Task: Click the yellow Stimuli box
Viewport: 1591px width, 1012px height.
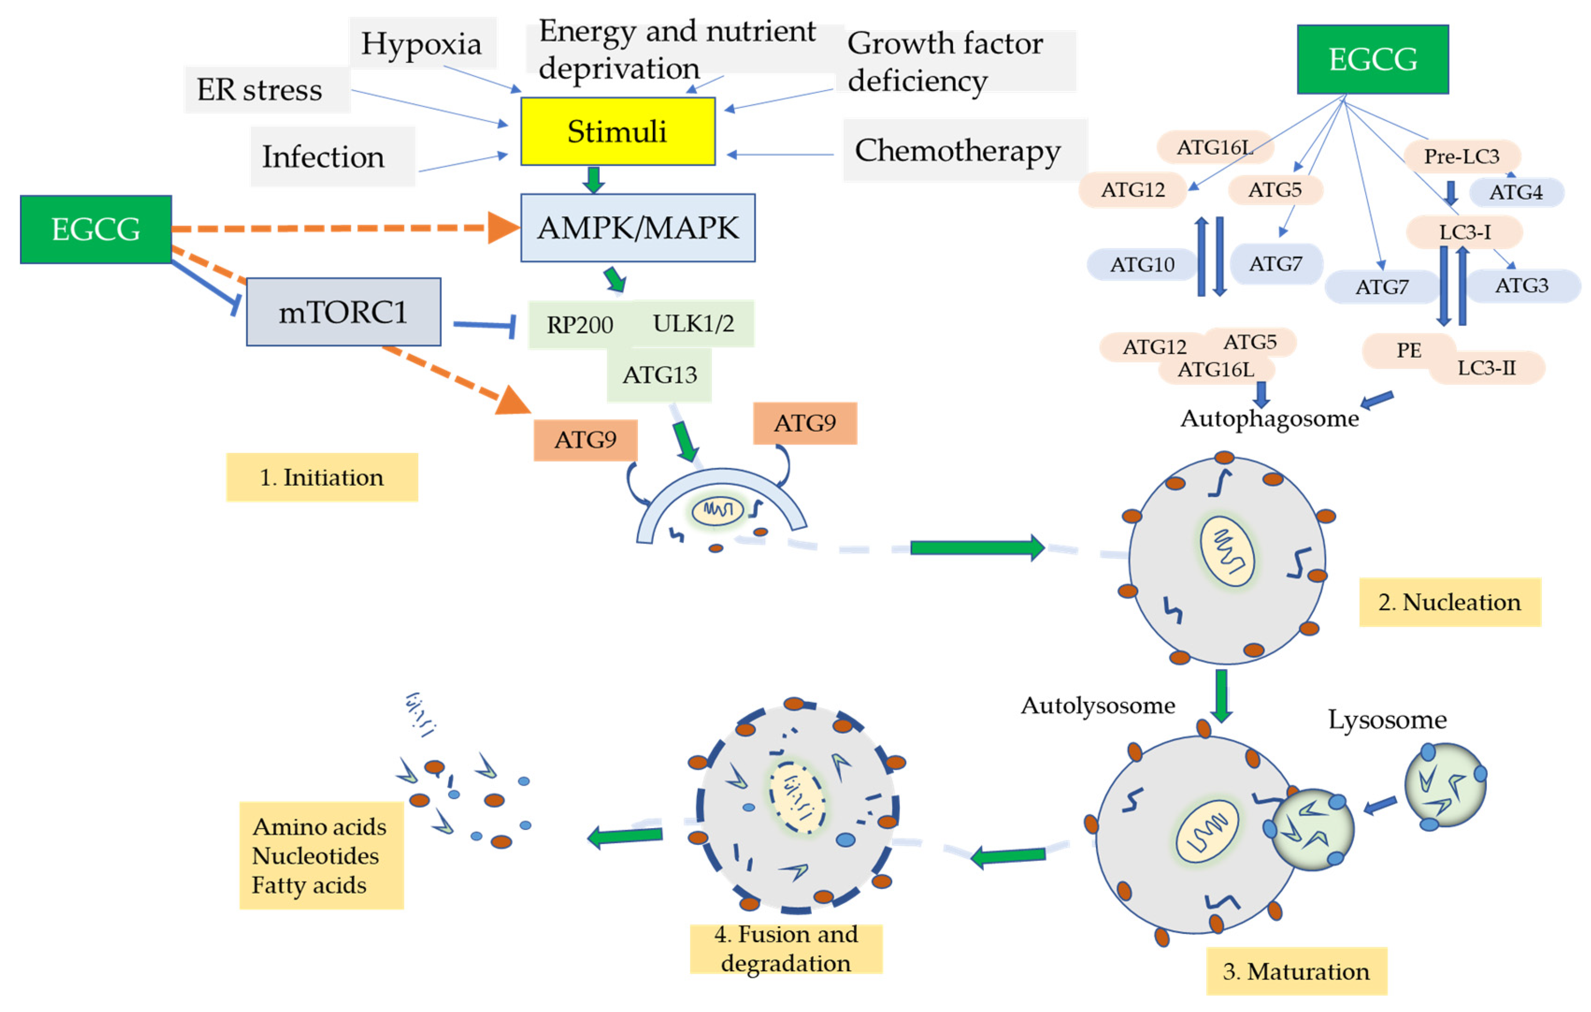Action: tap(617, 131)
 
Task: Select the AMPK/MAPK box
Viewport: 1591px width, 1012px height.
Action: tap(638, 227)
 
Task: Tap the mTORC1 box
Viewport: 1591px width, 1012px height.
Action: tap(343, 311)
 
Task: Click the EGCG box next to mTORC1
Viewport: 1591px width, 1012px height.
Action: tap(96, 229)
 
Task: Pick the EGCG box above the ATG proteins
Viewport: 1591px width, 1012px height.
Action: tap(1372, 59)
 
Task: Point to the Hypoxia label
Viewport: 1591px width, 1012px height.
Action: tap(422, 43)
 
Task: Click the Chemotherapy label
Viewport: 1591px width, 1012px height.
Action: tap(957, 151)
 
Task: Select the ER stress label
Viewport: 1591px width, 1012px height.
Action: tap(260, 89)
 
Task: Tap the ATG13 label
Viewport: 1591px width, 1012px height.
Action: tap(659, 375)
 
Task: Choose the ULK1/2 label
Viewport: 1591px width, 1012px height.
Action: tap(693, 323)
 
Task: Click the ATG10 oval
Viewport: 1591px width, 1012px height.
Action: tap(1142, 264)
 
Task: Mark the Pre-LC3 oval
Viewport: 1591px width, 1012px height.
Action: tap(1462, 156)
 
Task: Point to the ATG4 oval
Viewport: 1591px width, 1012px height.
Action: tap(1516, 192)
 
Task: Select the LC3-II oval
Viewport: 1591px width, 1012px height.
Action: tap(1487, 368)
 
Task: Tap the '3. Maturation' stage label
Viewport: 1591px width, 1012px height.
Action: tap(1296, 971)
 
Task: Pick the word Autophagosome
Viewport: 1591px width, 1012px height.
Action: tap(1269, 419)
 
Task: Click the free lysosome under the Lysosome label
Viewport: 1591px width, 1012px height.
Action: tap(1445, 785)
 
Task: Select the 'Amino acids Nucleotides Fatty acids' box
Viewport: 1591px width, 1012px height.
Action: tap(321, 855)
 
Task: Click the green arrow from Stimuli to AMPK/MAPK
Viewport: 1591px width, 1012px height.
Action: tap(593, 179)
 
